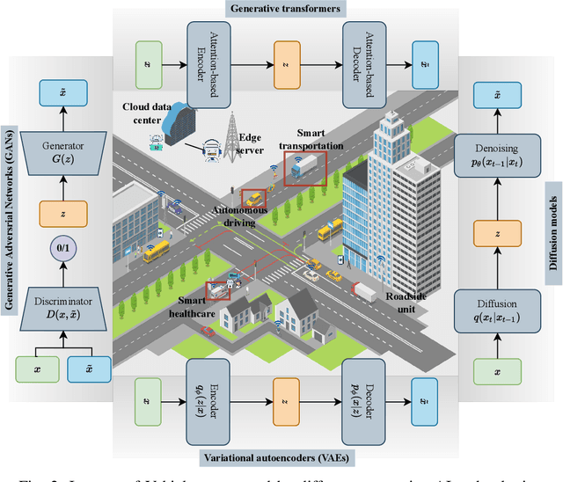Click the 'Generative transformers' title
tap(281, 8)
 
